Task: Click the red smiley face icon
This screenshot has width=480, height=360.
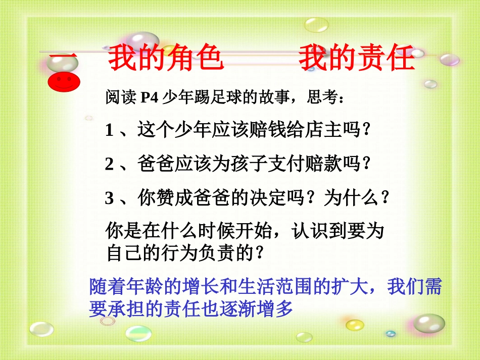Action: (63, 81)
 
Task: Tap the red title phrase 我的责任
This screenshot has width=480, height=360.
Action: (357, 59)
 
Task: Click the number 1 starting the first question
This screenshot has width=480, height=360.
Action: (109, 131)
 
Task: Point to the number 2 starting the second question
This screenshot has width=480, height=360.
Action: (109, 165)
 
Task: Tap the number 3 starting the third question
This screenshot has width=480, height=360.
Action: (109, 198)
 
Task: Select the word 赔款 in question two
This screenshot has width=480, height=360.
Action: (323, 165)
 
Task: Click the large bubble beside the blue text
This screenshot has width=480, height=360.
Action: (429, 324)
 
